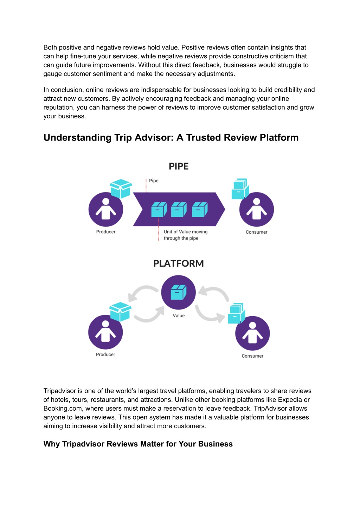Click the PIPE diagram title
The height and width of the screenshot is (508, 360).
(x=178, y=166)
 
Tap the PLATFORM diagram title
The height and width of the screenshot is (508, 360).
(x=178, y=263)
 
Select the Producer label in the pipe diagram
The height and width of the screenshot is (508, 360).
(x=105, y=232)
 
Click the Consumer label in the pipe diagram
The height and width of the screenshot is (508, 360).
(x=257, y=232)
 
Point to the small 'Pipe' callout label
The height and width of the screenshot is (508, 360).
(x=154, y=181)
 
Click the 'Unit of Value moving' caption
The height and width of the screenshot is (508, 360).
(x=185, y=232)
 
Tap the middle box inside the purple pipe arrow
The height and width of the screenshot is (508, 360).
(x=179, y=209)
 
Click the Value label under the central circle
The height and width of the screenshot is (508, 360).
(x=179, y=315)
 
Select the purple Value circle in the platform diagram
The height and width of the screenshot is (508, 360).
(x=178, y=292)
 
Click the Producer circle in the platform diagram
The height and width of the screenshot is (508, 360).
(x=105, y=332)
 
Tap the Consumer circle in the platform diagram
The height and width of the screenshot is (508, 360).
(x=252, y=333)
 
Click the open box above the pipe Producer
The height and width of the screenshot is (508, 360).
(x=121, y=189)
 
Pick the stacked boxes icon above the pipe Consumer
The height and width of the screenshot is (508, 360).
(x=240, y=189)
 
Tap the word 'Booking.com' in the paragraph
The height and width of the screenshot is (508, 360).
(x=63, y=409)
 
